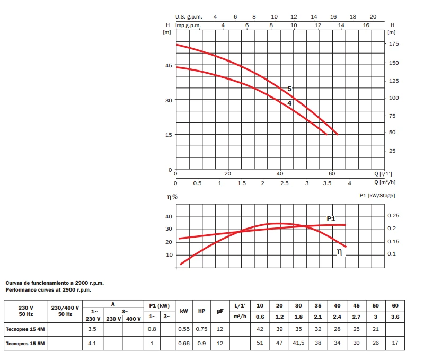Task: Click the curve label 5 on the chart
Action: pos(289,89)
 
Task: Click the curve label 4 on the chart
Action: pos(289,103)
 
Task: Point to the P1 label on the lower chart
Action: pos(331,218)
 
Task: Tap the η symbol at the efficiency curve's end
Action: pos(340,252)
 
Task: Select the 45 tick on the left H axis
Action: pos(169,65)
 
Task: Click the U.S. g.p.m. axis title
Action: pos(189,17)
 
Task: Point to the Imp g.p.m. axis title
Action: pos(189,25)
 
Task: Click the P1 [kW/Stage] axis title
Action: pos(377,196)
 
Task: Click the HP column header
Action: pos(201,311)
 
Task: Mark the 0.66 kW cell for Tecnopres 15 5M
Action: pos(184,344)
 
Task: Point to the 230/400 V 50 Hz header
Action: pos(65,311)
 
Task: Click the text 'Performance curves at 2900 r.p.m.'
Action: pos(48,290)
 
